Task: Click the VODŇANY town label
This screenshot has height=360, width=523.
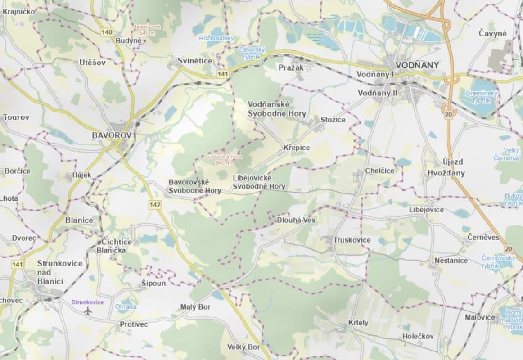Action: click(417, 65)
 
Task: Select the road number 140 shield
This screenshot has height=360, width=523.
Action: click(107, 32)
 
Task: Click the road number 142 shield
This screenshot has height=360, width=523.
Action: click(154, 205)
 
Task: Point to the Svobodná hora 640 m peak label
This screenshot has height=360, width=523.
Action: click(217, 160)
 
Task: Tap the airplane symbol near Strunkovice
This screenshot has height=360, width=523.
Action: click(88, 310)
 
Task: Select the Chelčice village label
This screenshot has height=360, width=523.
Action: click(380, 171)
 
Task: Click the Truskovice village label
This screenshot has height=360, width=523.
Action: click(352, 240)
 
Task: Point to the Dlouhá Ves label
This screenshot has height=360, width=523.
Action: click(296, 220)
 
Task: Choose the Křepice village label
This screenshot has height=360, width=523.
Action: click(297, 148)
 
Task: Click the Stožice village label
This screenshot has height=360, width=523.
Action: click(333, 120)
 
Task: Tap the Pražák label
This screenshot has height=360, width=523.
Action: click(292, 67)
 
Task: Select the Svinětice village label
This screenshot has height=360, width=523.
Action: click(194, 60)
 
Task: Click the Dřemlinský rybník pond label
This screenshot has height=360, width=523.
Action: click(481, 97)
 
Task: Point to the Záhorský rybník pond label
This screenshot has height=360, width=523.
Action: click(252, 53)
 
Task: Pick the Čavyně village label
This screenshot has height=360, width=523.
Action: click(493, 33)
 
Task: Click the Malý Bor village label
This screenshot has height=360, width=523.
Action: click(195, 307)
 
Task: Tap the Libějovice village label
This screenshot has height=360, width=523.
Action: click(426, 210)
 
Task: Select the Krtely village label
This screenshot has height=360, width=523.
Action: click(358, 323)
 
